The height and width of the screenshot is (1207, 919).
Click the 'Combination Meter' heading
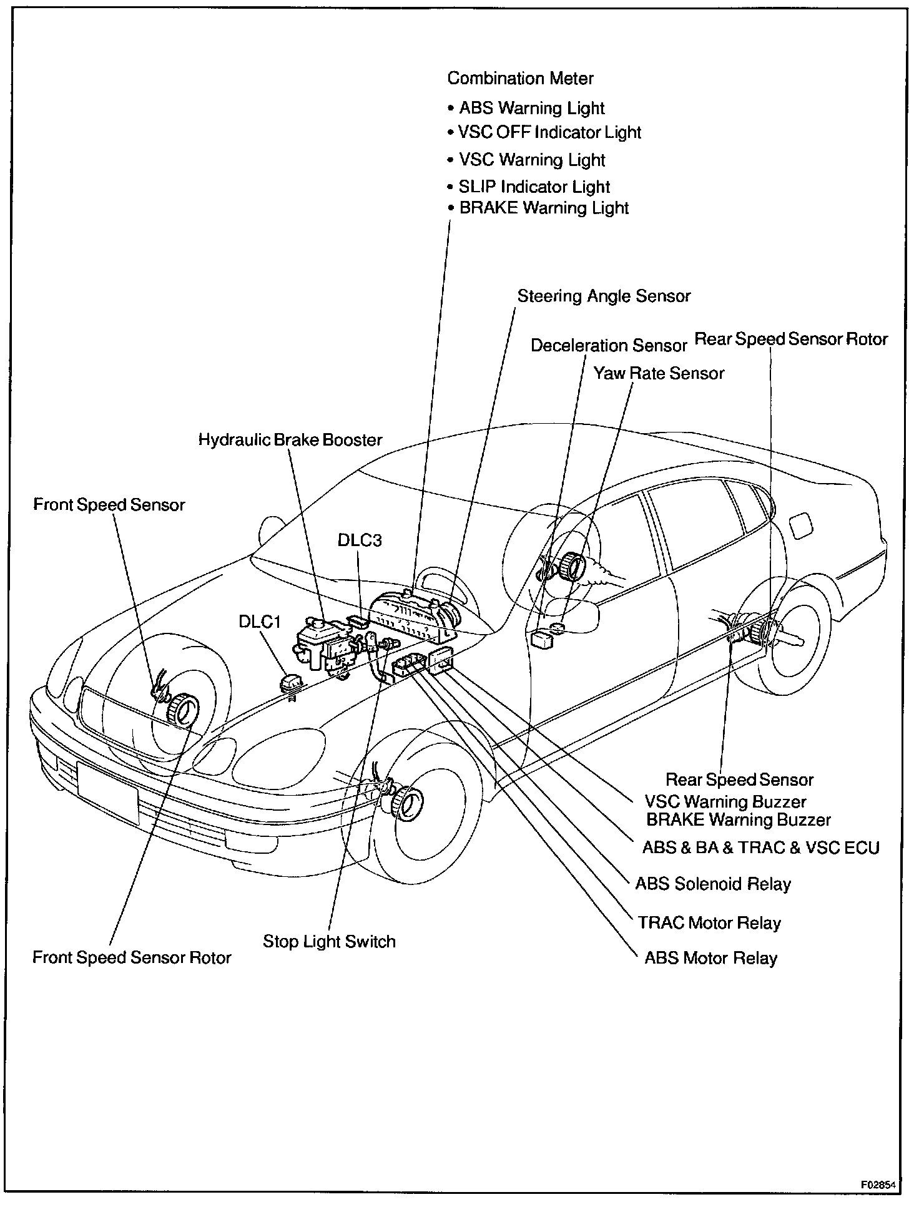tap(520, 79)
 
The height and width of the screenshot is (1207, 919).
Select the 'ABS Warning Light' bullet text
tap(532, 108)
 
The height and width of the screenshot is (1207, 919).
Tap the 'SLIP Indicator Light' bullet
tap(534, 187)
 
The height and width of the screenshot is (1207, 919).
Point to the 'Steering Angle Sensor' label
tap(604, 296)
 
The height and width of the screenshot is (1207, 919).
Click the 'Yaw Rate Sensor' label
tap(659, 373)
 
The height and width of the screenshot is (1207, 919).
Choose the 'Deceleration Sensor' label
tap(609, 346)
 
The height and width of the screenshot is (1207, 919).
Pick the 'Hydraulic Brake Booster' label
tap(290, 440)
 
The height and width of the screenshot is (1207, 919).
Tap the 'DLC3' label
tap(360, 540)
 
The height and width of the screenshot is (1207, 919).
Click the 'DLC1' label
tap(260, 622)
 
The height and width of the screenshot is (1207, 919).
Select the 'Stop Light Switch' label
tap(329, 941)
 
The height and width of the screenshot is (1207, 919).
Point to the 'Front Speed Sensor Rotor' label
tap(132, 957)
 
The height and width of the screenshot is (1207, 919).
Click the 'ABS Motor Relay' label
tap(710, 958)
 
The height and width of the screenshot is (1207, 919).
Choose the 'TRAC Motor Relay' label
tap(709, 923)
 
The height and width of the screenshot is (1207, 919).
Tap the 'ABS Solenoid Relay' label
tap(713, 884)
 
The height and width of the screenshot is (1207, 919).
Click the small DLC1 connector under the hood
tap(291, 684)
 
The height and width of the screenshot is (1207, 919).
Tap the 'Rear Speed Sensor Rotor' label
tap(791, 340)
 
